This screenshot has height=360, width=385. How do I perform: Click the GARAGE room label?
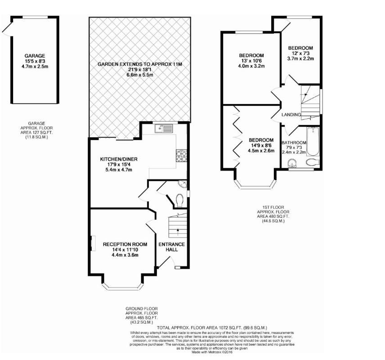tap(35, 56)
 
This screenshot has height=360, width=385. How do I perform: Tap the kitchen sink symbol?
tap(163, 129)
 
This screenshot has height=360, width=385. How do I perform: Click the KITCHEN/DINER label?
tap(119, 159)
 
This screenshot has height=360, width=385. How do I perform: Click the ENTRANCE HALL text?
tap(171, 247)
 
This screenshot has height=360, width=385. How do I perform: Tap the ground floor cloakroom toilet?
tap(179, 199)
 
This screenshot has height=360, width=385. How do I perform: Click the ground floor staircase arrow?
tap(178, 231)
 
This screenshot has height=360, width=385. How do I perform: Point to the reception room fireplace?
tap(92, 243)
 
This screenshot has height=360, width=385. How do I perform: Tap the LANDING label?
tap(291, 115)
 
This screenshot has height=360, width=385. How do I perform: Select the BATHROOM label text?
tap(294, 143)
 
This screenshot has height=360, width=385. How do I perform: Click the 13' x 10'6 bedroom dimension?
tap(251, 61)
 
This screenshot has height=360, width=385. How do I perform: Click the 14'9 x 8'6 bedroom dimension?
tap(261, 145)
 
